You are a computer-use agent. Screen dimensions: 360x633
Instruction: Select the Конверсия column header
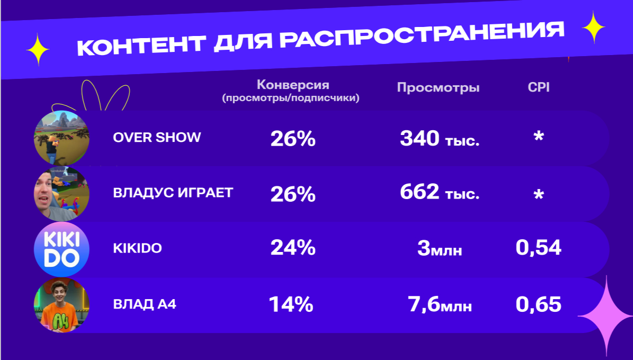292,85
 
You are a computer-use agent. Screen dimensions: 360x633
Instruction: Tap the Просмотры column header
438,87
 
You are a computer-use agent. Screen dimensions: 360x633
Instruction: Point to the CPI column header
539,87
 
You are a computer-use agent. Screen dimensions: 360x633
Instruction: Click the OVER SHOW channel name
157,137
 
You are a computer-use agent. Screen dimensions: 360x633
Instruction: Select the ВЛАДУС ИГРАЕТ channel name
173,193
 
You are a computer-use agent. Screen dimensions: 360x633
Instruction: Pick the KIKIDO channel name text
137,248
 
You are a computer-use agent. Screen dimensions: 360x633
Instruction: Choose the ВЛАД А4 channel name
144,304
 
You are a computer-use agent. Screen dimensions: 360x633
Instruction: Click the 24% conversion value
292,248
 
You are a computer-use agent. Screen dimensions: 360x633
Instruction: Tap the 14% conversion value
291,304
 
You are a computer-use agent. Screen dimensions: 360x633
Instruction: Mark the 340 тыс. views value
440,139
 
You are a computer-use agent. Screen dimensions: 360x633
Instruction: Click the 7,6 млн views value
440,305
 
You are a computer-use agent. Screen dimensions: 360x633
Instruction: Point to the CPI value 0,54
538,248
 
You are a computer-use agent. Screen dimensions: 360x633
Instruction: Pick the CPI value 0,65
538,304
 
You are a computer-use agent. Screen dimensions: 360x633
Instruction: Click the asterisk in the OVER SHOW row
538,138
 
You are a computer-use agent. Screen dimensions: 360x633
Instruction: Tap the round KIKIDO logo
61,249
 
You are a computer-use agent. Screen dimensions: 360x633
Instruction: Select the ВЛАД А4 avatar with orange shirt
61,305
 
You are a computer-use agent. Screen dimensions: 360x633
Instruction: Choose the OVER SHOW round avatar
61,138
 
